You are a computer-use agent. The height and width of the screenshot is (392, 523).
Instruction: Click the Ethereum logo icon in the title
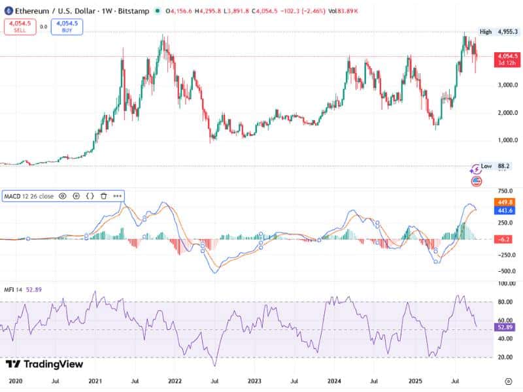(x=8, y=10)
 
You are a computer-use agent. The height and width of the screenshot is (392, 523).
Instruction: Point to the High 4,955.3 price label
(x=499, y=31)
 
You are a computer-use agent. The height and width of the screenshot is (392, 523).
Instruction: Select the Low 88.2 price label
(x=496, y=166)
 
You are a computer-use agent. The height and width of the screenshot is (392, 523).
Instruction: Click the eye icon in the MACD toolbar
(x=63, y=195)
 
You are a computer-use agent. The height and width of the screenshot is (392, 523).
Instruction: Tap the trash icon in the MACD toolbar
(x=103, y=195)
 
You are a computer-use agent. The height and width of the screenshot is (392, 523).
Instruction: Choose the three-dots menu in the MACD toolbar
(x=117, y=195)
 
